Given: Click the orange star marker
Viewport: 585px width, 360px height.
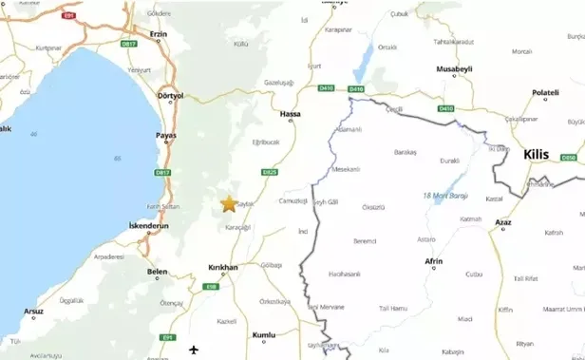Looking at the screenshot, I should tap(228, 202).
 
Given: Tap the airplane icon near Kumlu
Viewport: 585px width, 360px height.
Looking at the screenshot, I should tap(195, 349).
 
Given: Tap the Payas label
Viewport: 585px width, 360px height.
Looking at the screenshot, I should tap(166, 136).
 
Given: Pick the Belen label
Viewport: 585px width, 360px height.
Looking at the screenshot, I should tap(157, 271).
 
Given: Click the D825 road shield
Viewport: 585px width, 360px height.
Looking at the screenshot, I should tap(270, 173).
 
